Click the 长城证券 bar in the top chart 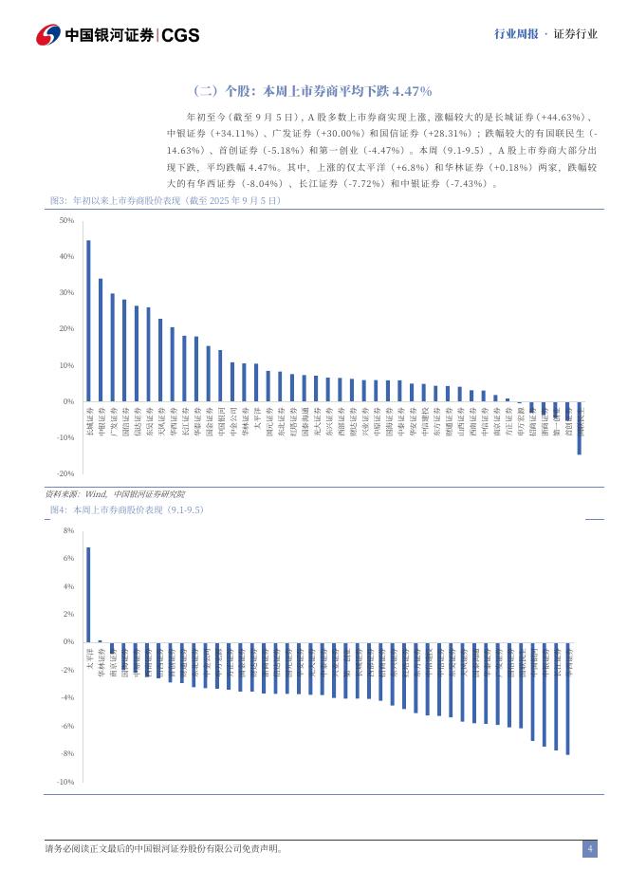coord(88,321)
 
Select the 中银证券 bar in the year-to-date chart coord(101,340)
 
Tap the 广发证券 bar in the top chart coord(112,347)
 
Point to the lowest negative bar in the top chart coord(579,428)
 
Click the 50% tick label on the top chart coord(66,221)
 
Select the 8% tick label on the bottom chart coord(68,531)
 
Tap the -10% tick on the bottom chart coord(66,782)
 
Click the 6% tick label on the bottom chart coord(68,559)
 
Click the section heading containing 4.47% coord(313,91)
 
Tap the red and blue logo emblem coord(47,35)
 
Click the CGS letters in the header coord(180,35)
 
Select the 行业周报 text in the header coord(515,34)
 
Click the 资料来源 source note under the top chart coord(115,494)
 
